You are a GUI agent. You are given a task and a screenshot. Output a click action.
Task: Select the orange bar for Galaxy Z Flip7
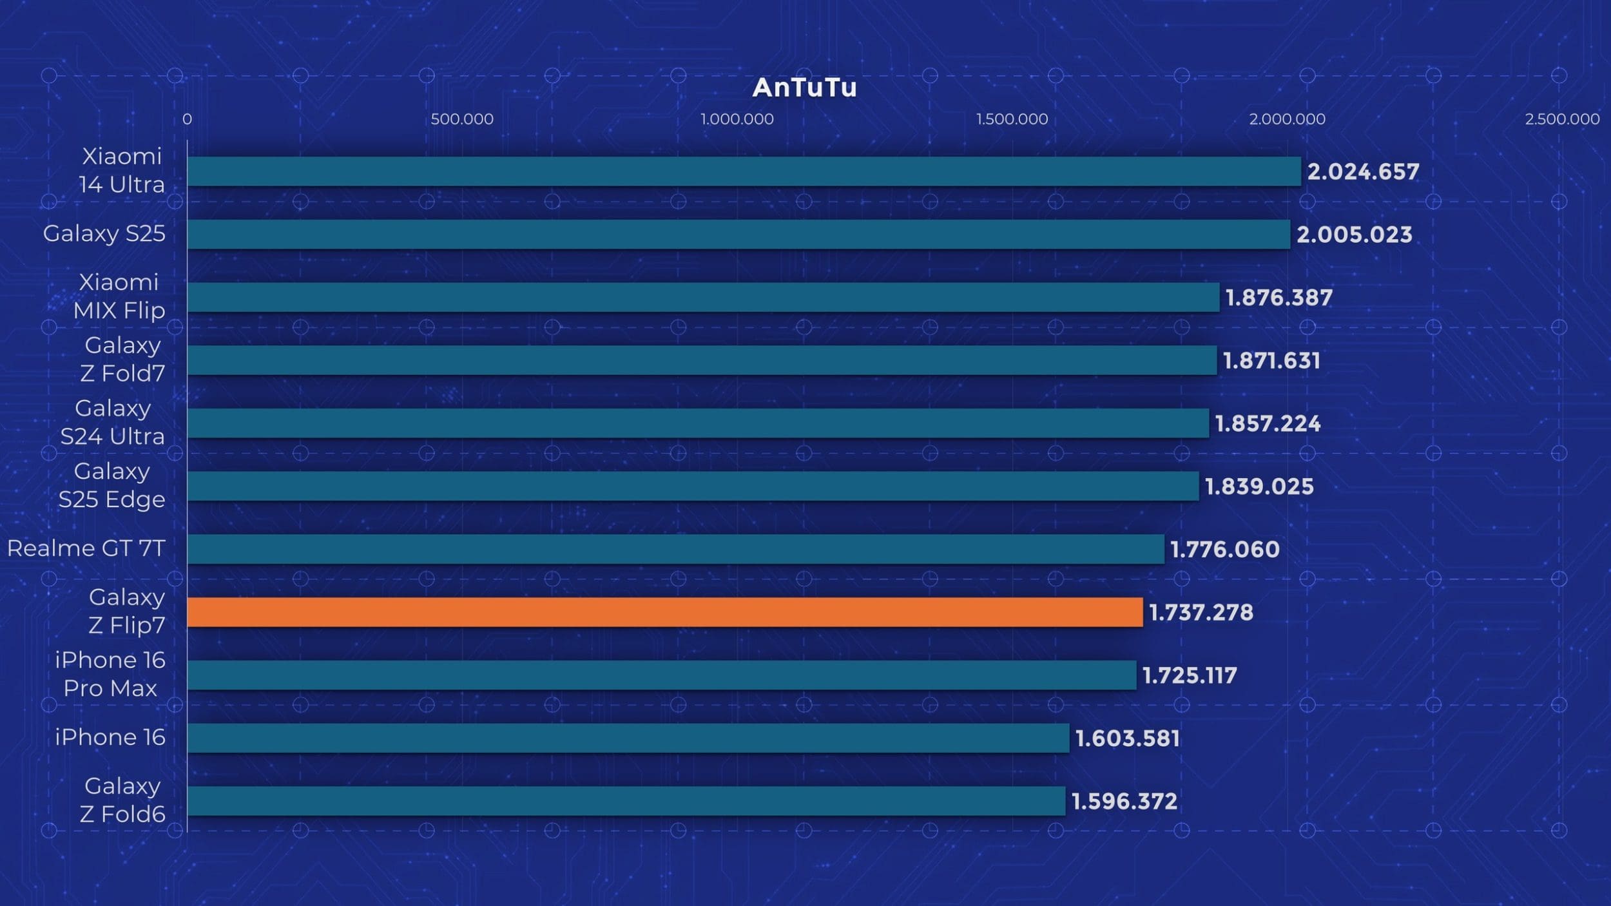(664, 612)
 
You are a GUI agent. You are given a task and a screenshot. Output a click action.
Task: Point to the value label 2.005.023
(1354, 235)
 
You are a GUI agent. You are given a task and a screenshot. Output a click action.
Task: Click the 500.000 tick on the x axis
(462, 119)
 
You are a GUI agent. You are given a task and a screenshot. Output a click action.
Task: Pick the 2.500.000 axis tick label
(1561, 119)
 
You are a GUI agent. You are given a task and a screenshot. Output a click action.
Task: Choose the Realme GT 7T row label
(86, 548)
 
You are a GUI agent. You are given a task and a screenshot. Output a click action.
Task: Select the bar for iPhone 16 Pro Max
(661, 675)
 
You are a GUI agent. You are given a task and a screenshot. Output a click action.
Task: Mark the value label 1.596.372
(1124, 801)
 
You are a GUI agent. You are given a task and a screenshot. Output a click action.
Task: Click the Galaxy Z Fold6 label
(122, 800)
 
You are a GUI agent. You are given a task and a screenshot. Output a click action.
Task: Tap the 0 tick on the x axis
(187, 119)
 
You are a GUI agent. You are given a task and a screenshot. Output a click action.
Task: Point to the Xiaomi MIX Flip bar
(703, 297)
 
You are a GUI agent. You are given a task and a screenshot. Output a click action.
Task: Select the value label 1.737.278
(1201, 612)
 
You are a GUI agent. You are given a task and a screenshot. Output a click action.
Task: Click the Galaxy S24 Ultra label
(113, 422)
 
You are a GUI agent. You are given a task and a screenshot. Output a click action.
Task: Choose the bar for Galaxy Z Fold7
(702, 360)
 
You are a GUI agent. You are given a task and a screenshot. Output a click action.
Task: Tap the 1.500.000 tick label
(1012, 119)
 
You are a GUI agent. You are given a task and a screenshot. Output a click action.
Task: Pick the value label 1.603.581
(1127, 738)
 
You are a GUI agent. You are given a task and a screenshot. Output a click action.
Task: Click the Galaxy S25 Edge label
(111, 485)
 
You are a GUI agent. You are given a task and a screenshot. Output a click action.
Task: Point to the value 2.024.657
(1363, 171)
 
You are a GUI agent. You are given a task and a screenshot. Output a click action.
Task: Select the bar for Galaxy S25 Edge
(693, 486)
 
